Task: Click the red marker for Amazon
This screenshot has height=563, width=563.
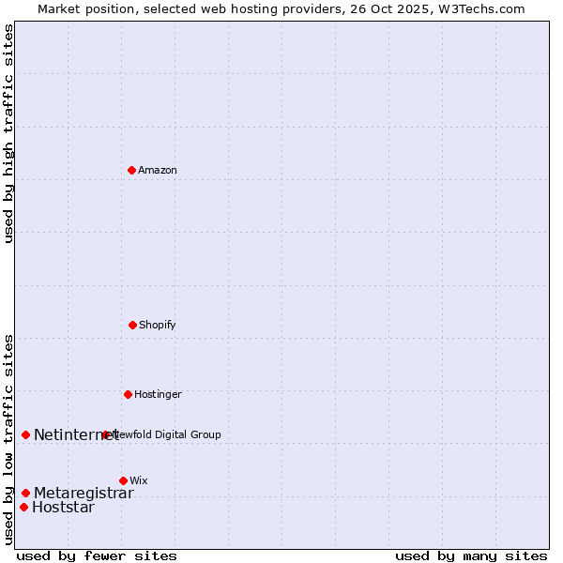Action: pos(132,170)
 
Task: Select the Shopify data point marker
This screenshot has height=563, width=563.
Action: pos(132,325)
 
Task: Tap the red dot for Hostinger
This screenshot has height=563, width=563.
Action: pos(128,394)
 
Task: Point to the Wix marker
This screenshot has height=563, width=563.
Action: pos(123,480)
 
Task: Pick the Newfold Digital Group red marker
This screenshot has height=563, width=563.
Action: pos(106,434)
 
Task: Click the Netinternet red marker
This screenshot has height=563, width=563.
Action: pos(25,434)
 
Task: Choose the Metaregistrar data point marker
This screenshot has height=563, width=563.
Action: pos(25,493)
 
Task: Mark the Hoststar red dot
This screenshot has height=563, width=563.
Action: pos(23,508)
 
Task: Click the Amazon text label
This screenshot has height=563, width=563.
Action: pos(158,170)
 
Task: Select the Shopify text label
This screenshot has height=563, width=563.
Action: pos(158,325)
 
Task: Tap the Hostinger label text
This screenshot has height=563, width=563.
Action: pos(158,394)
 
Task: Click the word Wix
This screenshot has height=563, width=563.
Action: pos(139,480)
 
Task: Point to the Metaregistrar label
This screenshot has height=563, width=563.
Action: pos(84,493)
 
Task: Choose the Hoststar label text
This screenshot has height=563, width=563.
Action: pos(63,508)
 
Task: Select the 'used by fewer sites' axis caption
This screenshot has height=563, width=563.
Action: pos(97,555)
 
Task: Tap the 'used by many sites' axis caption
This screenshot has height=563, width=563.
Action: pos(471,555)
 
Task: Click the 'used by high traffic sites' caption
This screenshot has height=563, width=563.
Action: pos(8,133)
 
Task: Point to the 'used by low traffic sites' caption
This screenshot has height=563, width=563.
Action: pos(8,438)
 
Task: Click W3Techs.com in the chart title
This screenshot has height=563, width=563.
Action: pos(479,8)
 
